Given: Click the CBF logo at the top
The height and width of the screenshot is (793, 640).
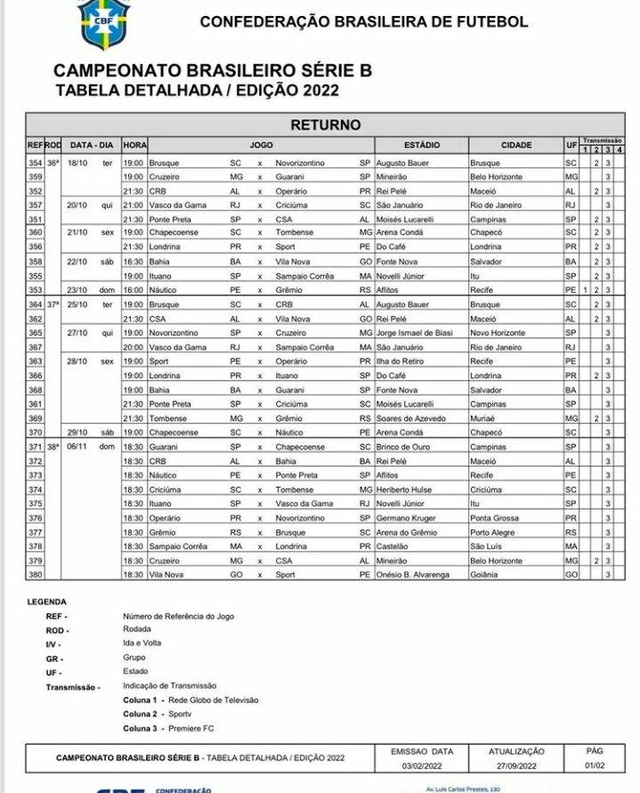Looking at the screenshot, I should pos(103,22).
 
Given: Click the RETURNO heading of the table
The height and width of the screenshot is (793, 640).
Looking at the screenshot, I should pos(325,125).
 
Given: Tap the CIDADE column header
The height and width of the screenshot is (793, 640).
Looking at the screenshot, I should pos(516,145).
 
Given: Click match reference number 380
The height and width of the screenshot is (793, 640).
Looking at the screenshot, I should pos(36,575).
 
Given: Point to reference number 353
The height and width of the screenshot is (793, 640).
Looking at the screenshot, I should pos(36,290).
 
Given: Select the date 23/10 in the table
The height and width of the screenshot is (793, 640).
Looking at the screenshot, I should pos(77,290).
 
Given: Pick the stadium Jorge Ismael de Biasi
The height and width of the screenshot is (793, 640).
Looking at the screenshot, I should pos(415,333).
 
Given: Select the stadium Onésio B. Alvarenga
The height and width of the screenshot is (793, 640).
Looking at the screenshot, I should pos(416,575).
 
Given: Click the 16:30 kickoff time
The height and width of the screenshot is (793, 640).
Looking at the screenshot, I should pos(134,262).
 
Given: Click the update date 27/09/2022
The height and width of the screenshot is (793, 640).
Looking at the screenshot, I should pos(516,765).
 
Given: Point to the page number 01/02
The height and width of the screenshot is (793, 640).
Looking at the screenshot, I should pos(595,765).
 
